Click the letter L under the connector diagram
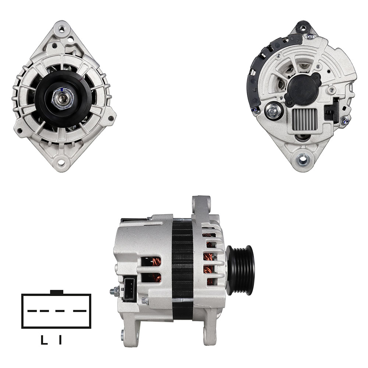point(44,340)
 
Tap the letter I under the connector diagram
point(60,340)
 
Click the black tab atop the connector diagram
point(57,292)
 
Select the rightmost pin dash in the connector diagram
point(80,311)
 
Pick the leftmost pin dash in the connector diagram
point(32,311)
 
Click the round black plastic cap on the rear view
point(304,88)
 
